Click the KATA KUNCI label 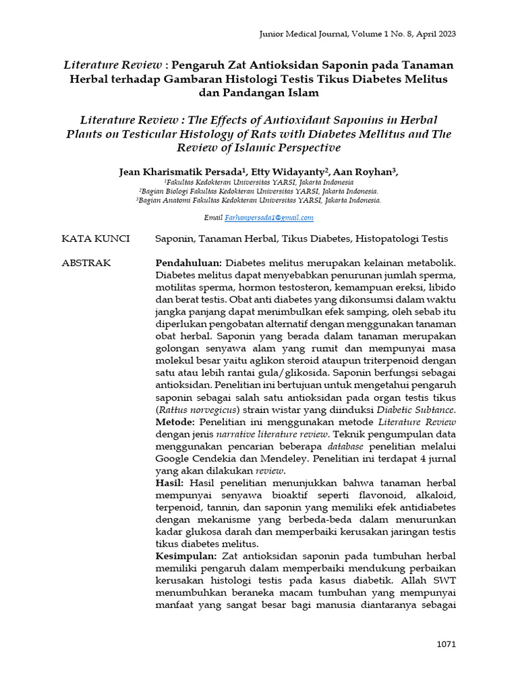pos(90,239)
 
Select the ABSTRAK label pos(86,262)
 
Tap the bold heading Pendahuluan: pos(189,262)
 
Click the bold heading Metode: pos(176,421)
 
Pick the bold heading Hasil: pos(171,483)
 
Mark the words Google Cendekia pos(195,458)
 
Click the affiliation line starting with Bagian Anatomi pos(260,200)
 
